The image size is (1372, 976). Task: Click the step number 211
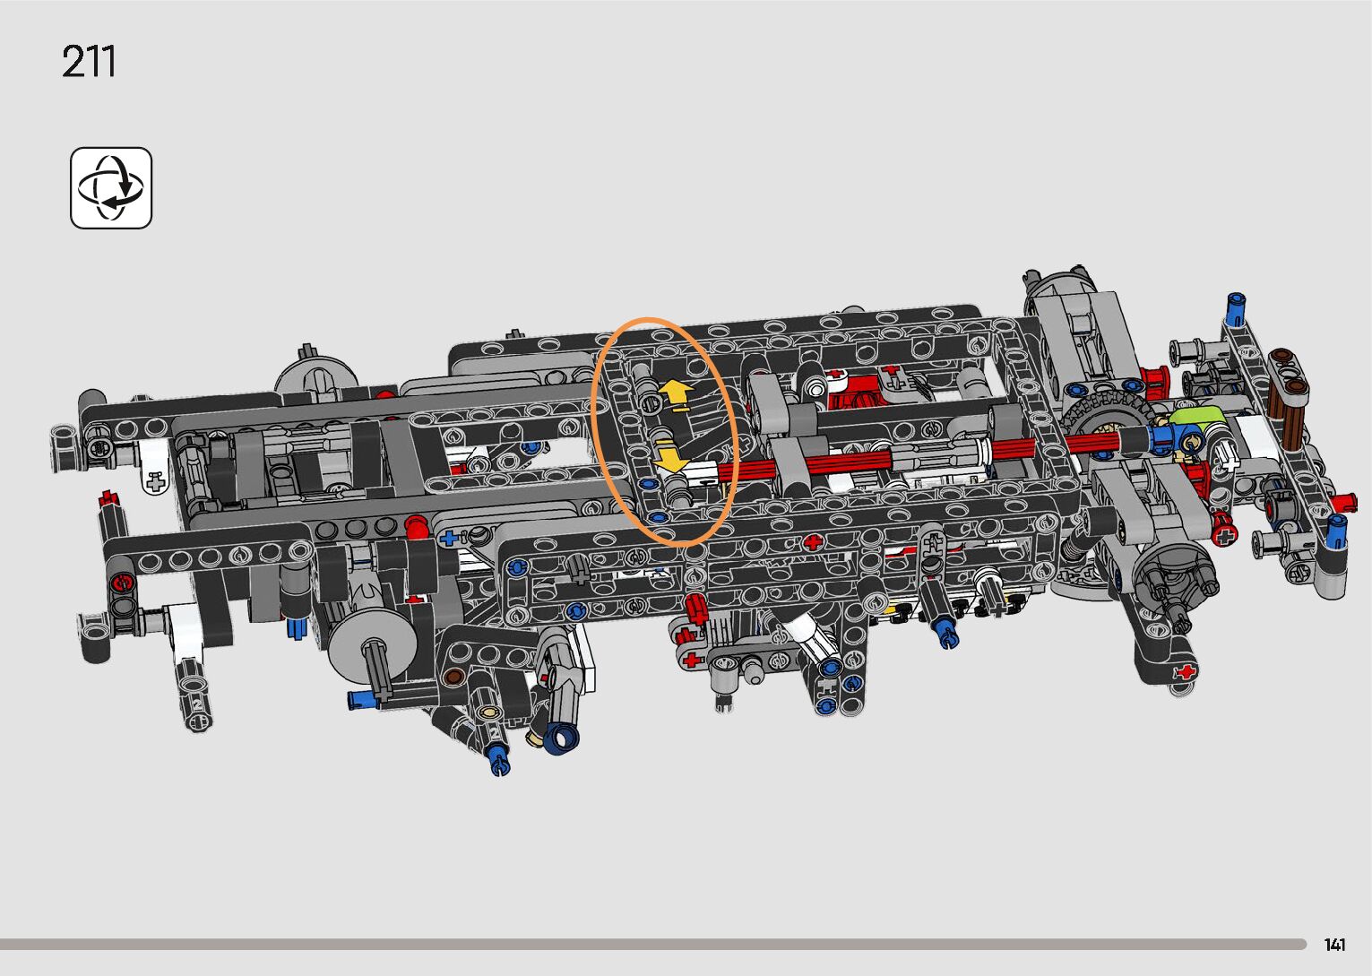coord(88,61)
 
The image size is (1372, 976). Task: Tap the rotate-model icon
coord(111,187)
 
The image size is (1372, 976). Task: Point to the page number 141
coord(1335,944)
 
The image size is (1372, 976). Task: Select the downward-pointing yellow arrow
coord(670,457)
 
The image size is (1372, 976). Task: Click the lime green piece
coord(1197,418)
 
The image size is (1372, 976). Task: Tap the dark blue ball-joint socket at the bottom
coord(562,737)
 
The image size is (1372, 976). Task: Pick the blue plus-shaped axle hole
coord(449,539)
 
